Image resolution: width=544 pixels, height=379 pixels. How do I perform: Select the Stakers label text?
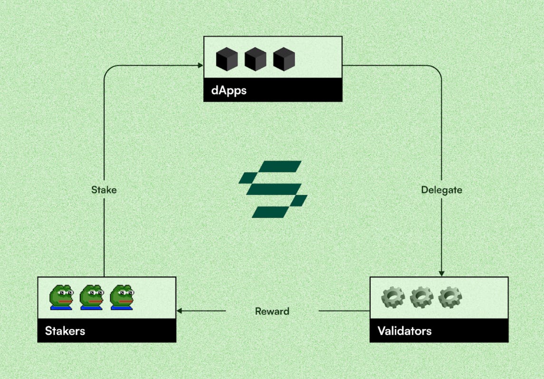(65, 331)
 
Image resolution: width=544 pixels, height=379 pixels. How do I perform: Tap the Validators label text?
(404, 331)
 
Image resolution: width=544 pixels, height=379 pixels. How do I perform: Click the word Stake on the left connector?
(104, 190)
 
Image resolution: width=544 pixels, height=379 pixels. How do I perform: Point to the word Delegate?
(441, 190)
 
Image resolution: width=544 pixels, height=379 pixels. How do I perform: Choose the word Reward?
(272, 312)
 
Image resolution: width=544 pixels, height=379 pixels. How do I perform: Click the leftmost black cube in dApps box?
(227, 60)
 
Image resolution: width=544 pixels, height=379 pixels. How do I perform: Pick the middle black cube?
(255, 60)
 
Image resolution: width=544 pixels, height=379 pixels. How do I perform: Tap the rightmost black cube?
(284, 60)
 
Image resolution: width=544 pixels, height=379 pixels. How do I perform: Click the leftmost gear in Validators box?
(393, 297)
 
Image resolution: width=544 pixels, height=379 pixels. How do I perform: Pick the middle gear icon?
(421, 297)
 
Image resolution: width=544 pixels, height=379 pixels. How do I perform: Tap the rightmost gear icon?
(449, 297)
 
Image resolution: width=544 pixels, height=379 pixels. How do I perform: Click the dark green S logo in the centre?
(273, 189)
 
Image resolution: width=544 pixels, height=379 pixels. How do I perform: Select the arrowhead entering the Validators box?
(441, 273)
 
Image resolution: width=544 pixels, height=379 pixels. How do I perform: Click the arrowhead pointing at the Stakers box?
(180, 312)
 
